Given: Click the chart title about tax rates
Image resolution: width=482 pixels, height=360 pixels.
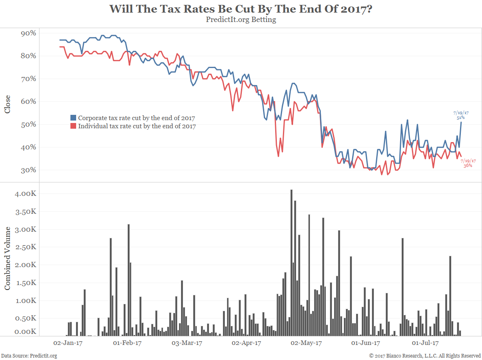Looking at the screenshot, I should click(x=241, y=9).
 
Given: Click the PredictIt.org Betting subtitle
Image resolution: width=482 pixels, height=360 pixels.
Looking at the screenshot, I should click(x=241, y=20).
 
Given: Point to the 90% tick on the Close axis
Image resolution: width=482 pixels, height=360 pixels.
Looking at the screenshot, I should click(x=28, y=33).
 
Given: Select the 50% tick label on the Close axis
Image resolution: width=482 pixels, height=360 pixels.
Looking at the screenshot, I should click(x=28, y=124).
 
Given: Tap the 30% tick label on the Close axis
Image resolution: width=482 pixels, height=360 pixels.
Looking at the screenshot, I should click(x=28, y=170).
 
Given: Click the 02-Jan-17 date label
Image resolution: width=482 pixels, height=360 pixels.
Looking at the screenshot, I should click(x=68, y=343).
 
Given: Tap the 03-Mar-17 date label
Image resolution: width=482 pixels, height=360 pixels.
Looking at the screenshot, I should click(x=187, y=343).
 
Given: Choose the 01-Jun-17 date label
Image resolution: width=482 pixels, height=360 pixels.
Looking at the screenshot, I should click(x=365, y=343).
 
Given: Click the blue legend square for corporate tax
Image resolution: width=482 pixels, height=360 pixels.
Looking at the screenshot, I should click(x=73, y=118).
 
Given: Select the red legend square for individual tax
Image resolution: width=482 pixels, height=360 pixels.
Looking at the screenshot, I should click(x=73, y=126).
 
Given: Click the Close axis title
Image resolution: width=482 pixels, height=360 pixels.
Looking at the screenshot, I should click(x=7, y=104).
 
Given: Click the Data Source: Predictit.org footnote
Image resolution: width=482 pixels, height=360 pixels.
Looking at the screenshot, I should click(x=29, y=356).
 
